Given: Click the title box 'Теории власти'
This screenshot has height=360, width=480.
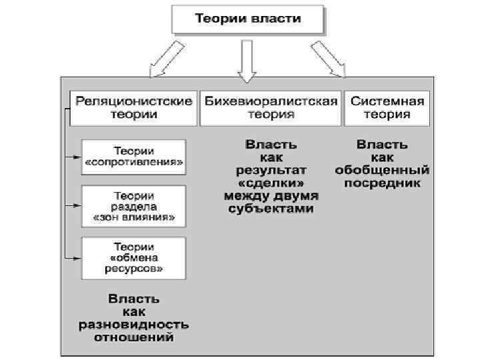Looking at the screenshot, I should [247, 19].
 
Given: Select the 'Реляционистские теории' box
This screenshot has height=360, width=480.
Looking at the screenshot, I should [134, 107].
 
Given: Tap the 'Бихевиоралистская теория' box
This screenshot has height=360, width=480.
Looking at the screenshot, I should [271, 107].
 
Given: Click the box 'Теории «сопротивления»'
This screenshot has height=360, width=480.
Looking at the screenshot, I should [134, 157].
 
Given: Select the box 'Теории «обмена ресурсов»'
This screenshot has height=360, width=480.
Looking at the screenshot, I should [134, 257].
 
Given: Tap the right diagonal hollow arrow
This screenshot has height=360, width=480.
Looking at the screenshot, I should [328, 61].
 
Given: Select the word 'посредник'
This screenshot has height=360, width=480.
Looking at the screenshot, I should [383, 182].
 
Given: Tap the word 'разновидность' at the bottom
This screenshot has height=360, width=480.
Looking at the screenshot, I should [133, 325].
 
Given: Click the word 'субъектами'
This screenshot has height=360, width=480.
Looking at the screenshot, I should [270, 208].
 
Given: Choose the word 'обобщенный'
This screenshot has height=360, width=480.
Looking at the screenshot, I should [383, 169].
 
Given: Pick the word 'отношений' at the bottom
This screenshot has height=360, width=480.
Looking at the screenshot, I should [133, 337].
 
